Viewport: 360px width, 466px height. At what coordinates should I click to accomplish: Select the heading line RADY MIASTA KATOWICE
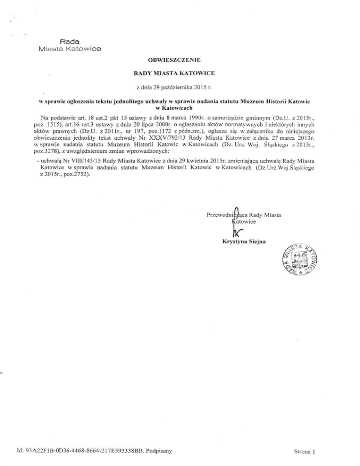tap(180, 74)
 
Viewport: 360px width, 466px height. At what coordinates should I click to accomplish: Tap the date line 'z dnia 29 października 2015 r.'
tap(180, 88)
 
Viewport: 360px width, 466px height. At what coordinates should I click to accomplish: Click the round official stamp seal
tap(302, 260)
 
